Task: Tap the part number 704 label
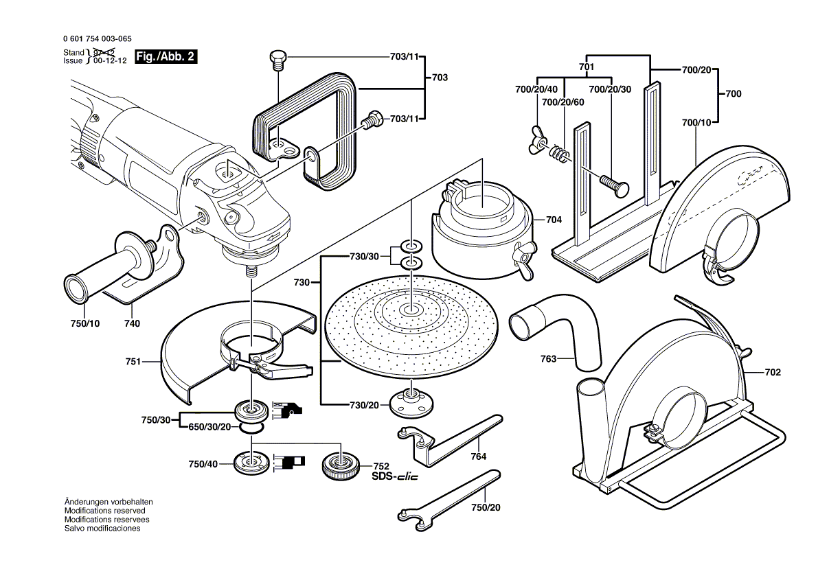pyautogui.click(x=554, y=220)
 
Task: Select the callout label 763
pyautogui.click(x=547, y=358)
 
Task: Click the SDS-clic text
pyautogui.click(x=395, y=476)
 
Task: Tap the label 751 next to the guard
pyautogui.click(x=133, y=361)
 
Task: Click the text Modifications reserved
pyautogui.click(x=104, y=511)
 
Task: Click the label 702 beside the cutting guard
pyautogui.click(x=773, y=373)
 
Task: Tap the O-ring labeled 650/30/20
pyautogui.click(x=252, y=428)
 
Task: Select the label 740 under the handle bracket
pyautogui.click(x=132, y=323)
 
